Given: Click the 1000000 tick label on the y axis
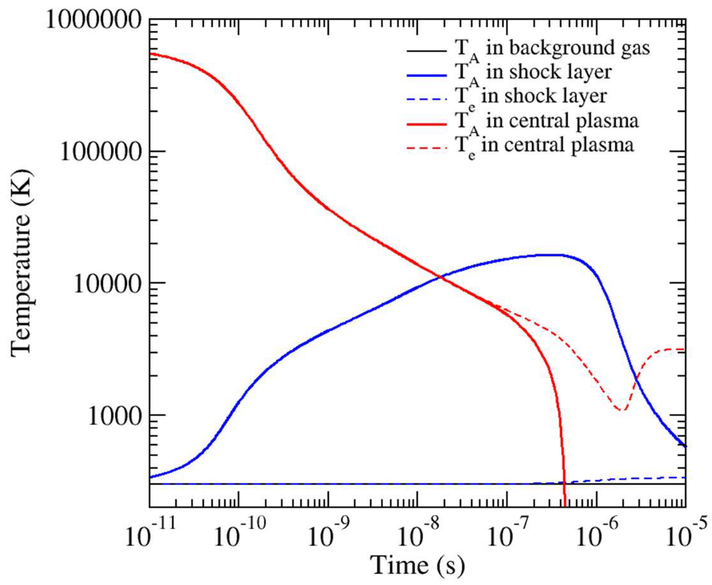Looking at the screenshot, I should tap(93, 21).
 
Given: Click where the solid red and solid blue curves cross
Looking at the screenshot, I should tap(439, 277).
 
